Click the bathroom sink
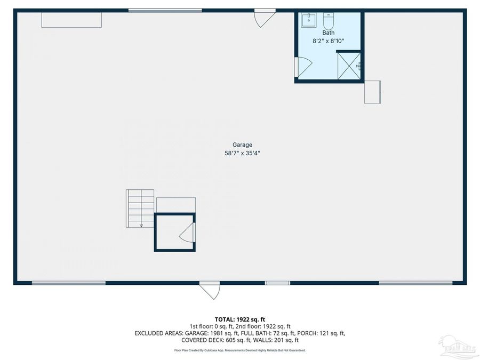click(308, 21)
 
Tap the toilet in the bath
click(328, 22)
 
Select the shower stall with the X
click(349, 66)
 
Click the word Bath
click(329, 33)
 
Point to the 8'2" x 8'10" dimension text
click(329, 41)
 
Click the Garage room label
click(242, 145)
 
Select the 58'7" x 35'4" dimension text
click(242, 153)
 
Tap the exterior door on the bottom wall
click(209, 290)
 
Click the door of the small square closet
click(188, 233)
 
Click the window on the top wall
click(165, 10)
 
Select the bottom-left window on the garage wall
click(61, 283)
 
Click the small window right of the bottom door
click(278, 283)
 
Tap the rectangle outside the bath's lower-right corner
click(372, 92)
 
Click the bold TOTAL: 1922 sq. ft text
click(240, 319)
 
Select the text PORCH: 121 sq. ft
click(321, 333)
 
